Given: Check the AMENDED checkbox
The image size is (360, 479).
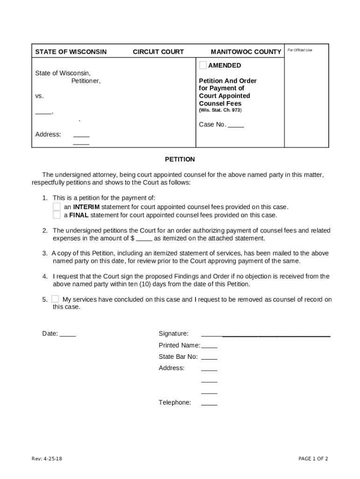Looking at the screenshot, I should point(202,65).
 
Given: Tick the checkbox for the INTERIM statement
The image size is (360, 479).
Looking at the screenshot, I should point(57,207).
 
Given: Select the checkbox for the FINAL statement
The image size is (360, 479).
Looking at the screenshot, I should point(57,215).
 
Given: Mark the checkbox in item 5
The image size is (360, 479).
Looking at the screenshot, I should point(55,299).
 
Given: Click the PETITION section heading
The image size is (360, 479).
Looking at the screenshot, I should point(180,160).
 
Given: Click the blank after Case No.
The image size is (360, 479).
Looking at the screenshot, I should point(236,125).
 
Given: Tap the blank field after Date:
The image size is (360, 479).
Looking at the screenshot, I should point(68,334).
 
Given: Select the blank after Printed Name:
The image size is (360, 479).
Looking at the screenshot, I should point(209,346).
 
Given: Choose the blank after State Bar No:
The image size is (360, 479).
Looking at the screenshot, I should point(209,357).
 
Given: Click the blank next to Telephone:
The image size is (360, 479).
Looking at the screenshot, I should point(209,403).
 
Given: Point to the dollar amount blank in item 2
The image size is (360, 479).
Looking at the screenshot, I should point(144,239).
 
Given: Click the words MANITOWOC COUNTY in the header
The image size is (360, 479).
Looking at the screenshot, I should point(246,52).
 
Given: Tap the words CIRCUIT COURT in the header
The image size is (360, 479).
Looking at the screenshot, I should point(158,52).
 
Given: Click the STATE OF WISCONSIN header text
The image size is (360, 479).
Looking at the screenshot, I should point(71,52).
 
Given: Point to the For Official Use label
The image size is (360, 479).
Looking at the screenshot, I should point(300,50).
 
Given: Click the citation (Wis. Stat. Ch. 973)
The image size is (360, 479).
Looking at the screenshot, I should point(220,110).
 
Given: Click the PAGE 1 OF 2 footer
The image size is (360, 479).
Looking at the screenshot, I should point(313,459).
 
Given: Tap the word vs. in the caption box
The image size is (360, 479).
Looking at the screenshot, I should point(39,96).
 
